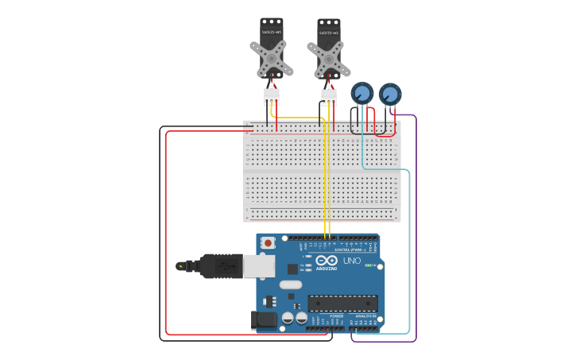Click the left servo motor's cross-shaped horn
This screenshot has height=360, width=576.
(271, 58)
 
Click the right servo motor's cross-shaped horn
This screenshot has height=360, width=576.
(328, 59)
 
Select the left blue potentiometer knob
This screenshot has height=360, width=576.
(362, 93)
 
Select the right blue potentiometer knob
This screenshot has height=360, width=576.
(390, 94)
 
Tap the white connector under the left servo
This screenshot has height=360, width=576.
(272, 96)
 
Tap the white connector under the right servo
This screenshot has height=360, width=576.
(329, 97)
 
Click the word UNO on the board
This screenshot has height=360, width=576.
(351, 261)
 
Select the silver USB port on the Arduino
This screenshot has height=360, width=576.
(259, 265)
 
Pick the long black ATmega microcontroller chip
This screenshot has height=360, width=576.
(342, 303)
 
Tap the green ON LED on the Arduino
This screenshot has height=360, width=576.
(368, 265)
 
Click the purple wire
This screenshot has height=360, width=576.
(416, 238)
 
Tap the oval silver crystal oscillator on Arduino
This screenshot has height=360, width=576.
(291, 284)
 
